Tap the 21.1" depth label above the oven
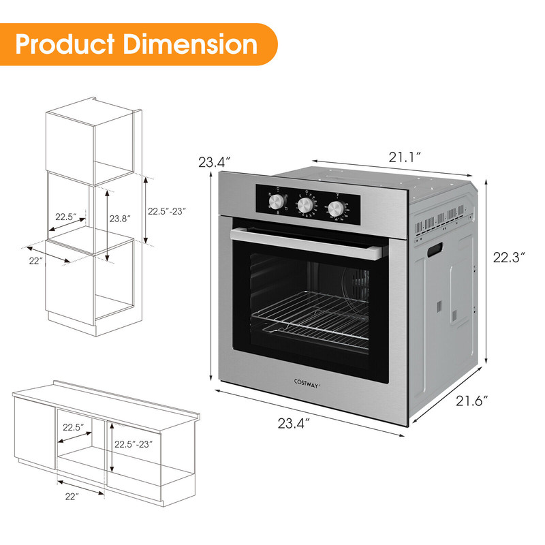point(404,157)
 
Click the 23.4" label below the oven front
point(294,423)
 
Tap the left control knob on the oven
point(277,202)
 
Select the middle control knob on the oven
point(306,206)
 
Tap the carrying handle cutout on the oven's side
point(433,251)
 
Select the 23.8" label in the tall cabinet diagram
point(120,219)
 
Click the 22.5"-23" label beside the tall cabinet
point(167,211)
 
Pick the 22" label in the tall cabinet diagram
point(35,261)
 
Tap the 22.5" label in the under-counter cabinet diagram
point(73,427)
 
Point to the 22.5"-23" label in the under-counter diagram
point(133,444)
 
